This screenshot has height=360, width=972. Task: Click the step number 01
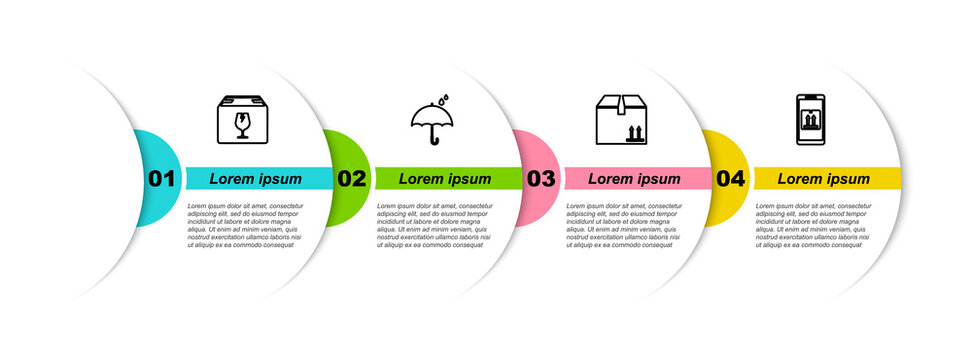pyautogui.click(x=162, y=179)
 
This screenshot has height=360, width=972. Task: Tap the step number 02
pyautogui.click(x=351, y=179)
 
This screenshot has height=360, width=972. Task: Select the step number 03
pyautogui.click(x=541, y=179)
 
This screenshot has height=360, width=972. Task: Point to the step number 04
pyautogui.click(x=730, y=179)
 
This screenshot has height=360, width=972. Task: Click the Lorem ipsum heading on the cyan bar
pyautogui.click(x=255, y=179)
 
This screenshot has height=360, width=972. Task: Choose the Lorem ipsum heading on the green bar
pyautogui.click(x=445, y=179)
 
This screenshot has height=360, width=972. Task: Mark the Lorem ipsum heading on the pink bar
pyautogui.click(x=634, y=179)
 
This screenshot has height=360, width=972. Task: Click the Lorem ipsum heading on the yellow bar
pyautogui.click(x=823, y=179)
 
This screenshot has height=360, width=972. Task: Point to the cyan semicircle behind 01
pyautogui.click(x=150, y=150)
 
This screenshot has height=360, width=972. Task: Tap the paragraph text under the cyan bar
pyautogui.click(x=245, y=224)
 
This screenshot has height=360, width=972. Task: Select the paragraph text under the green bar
pyautogui.click(x=434, y=224)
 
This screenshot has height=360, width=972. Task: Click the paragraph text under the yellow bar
pyautogui.click(x=813, y=224)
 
